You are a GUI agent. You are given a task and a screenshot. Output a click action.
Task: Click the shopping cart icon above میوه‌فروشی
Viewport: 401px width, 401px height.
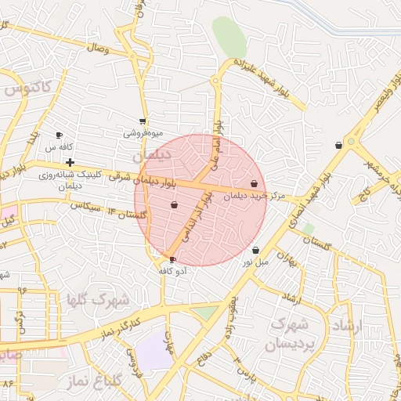(142, 121)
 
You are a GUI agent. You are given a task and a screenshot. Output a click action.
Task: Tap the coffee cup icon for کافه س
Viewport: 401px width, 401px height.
(59, 135)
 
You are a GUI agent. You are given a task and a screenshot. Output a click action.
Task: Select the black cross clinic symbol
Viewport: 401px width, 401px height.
(70, 162)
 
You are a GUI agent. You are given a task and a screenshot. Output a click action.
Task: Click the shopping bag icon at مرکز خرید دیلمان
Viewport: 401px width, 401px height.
(255, 183)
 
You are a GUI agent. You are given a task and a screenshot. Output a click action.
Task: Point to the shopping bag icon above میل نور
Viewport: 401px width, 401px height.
(255, 250)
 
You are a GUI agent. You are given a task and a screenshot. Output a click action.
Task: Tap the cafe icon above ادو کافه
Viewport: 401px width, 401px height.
(172, 259)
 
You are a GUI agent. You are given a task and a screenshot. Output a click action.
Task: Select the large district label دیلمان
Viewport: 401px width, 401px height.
(151, 157)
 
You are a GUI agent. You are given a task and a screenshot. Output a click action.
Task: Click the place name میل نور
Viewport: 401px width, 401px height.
(255, 262)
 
